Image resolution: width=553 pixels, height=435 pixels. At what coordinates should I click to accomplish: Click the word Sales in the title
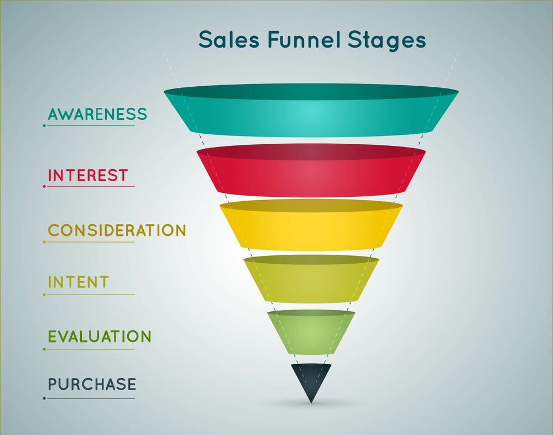[228, 39]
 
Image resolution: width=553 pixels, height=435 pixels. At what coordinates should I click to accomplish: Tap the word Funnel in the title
[304, 39]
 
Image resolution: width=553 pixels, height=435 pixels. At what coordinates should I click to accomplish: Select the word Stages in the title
[387, 41]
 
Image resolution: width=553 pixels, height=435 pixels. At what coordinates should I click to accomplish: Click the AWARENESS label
[97, 114]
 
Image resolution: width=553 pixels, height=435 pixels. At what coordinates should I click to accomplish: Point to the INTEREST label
[88, 175]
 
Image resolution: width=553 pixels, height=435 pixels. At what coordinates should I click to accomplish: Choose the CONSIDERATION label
[117, 230]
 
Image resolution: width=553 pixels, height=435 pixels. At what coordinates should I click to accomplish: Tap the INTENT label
[79, 282]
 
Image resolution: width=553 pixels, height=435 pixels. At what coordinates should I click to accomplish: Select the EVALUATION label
[100, 336]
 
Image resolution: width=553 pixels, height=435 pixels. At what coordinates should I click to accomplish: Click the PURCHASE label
[92, 384]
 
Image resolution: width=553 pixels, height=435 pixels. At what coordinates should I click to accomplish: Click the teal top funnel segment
[311, 110]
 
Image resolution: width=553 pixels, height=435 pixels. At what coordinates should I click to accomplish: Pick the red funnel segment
[311, 170]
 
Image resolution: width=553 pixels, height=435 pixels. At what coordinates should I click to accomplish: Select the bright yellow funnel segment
[311, 225]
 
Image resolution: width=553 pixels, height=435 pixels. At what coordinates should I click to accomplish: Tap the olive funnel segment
[311, 279]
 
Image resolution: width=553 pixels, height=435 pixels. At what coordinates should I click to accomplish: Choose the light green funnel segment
[311, 332]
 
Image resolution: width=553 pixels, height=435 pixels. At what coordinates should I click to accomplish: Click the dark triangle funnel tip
[311, 379]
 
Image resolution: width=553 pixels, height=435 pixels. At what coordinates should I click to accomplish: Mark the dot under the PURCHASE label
[44, 399]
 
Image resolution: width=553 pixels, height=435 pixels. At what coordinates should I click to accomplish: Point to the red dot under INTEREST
[44, 186]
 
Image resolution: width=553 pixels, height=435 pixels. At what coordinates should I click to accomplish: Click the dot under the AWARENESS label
[44, 125]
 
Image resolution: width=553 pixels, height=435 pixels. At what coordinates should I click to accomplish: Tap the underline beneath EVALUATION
[91, 349]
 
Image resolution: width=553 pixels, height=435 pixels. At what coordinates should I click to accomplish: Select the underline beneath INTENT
[91, 295]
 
